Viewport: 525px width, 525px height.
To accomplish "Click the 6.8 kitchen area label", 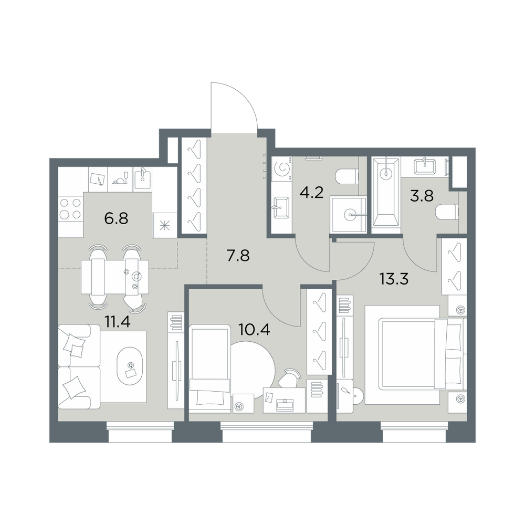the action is coord(116,219).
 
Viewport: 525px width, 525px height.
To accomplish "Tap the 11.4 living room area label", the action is coord(117,322).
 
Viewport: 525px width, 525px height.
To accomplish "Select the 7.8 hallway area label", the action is coord(238,256).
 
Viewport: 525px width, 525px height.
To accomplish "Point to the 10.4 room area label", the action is coord(254,330).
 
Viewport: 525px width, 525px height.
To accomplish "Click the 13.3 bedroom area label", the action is coord(394,279).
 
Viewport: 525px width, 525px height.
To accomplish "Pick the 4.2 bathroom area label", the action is coord(311,193).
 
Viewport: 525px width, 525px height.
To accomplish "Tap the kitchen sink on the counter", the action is coord(143,179).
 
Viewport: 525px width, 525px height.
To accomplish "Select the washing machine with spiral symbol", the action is coord(281,169).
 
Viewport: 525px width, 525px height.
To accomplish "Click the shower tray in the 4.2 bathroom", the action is coord(348,214).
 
